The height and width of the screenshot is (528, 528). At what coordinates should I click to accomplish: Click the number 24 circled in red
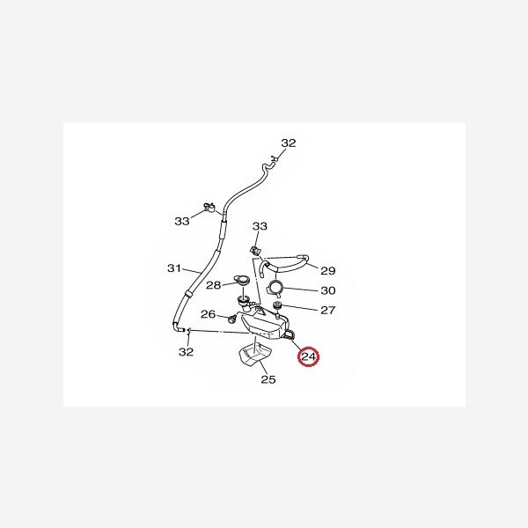pyautogui.click(x=309, y=356)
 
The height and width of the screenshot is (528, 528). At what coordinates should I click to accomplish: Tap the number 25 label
pyautogui.click(x=268, y=379)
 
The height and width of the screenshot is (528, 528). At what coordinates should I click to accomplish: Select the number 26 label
pyautogui.click(x=208, y=314)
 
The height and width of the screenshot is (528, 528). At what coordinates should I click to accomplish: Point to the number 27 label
pyautogui.click(x=327, y=310)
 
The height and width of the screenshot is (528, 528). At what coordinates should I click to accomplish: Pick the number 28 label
pyautogui.click(x=214, y=285)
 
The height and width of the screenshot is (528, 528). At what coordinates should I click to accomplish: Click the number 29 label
pyautogui.click(x=328, y=270)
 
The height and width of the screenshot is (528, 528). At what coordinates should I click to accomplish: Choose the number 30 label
pyautogui.click(x=328, y=290)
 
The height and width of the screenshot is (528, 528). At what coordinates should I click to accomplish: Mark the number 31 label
pyautogui.click(x=174, y=268)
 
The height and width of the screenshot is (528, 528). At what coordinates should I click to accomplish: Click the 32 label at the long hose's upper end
pyautogui.click(x=289, y=143)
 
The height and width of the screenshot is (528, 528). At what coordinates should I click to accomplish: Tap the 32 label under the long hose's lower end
pyautogui.click(x=187, y=352)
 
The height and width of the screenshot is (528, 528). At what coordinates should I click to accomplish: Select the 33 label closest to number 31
pyautogui.click(x=182, y=221)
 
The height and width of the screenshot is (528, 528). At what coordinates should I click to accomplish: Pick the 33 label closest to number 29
pyautogui.click(x=260, y=226)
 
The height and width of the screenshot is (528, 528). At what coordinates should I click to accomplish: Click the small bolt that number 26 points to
pyautogui.click(x=231, y=319)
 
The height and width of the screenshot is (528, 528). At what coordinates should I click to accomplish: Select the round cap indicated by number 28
pyautogui.click(x=241, y=280)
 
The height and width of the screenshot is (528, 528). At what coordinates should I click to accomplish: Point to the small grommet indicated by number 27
pyautogui.click(x=277, y=305)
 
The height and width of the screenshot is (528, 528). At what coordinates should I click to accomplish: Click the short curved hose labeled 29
pyautogui.click(x=284, y=265)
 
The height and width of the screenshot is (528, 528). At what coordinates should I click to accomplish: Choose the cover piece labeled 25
pyautogui.click(x=254, y=356)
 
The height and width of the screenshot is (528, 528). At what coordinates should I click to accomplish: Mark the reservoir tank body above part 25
pyautogui.click(x=264, y=323)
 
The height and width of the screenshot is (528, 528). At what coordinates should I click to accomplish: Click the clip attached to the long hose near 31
pyautogui.click(x=209, y=207)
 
